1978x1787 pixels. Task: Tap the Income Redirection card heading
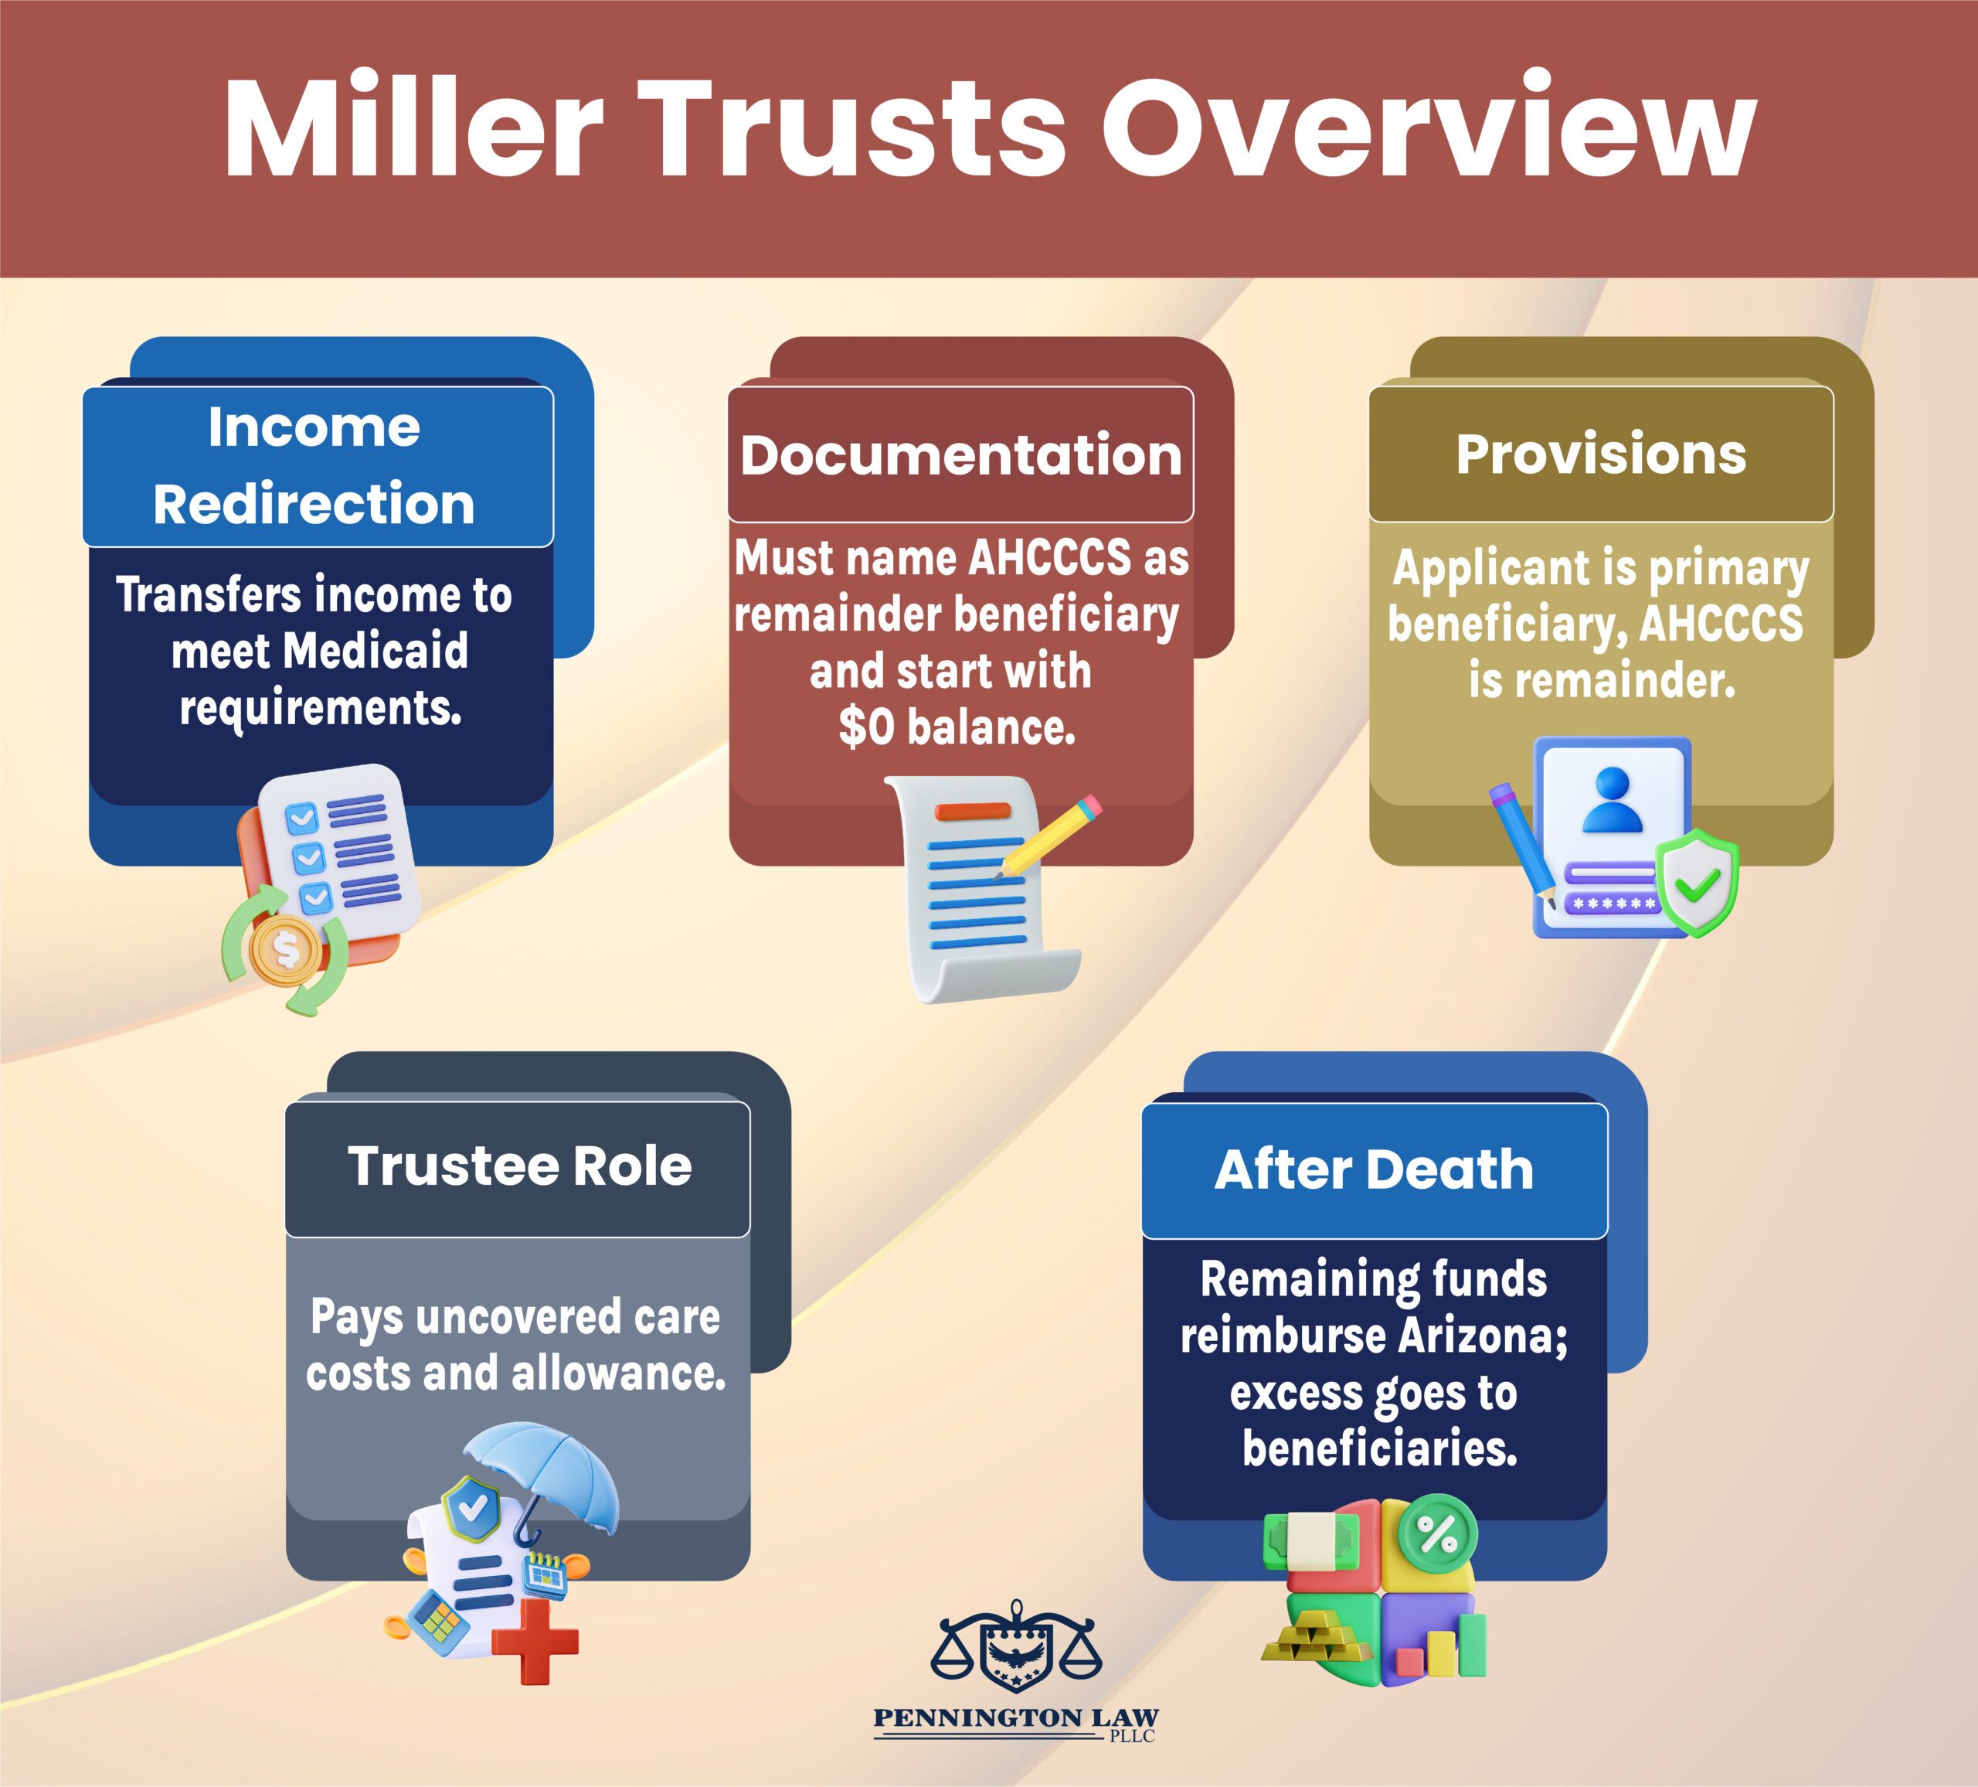click(314, 465)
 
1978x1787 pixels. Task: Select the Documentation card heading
click(960, 454)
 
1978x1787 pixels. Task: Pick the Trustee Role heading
click(519, 1165)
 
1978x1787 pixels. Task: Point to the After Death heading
click(1374, 1169)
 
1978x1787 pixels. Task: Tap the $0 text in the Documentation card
click(868, 727)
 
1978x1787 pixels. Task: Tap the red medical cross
click(535, 1641)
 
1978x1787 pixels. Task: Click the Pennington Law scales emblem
click(1015, 1646)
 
